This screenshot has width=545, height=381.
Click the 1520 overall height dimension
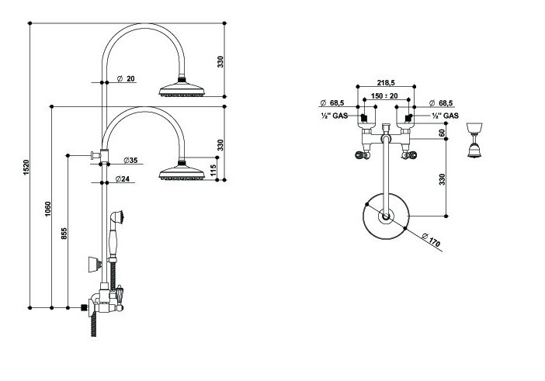[26, 166]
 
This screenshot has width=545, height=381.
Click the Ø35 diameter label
[129, 161]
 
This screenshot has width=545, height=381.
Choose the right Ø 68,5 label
[441, 103]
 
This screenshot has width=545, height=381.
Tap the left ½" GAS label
[335, 116]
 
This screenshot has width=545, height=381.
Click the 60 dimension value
[442, 133]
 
